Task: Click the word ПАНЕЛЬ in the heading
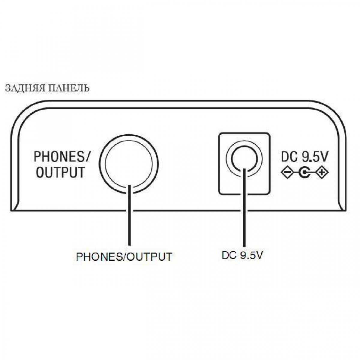pos(68,88)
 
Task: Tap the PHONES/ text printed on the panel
pos(62,157)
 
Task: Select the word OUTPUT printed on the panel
pos(60,172)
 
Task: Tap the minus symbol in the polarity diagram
pos(286,172)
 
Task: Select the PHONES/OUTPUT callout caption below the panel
pos(124,257)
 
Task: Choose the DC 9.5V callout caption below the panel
pos(242,255)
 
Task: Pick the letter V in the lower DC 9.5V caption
pos(259,255)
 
